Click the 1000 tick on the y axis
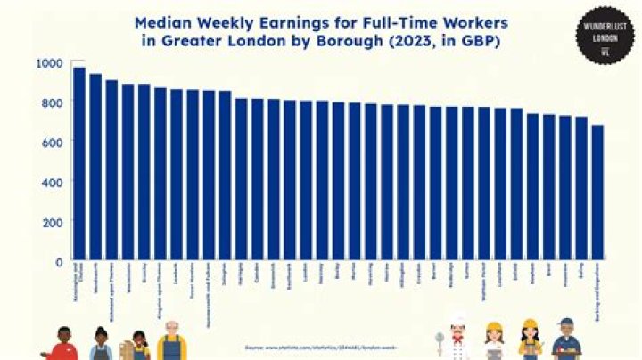point(50,63)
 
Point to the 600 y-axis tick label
point(53,143)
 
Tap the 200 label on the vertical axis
point(53,222)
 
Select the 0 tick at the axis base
point(58,262)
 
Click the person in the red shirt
point(62,346)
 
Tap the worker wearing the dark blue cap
point(565,340)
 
